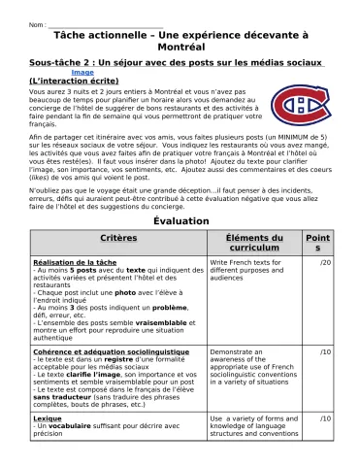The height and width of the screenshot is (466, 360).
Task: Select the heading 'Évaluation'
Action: (x=180, y=221)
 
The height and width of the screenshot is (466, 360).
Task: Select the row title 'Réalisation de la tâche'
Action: (x=75, y=262)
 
